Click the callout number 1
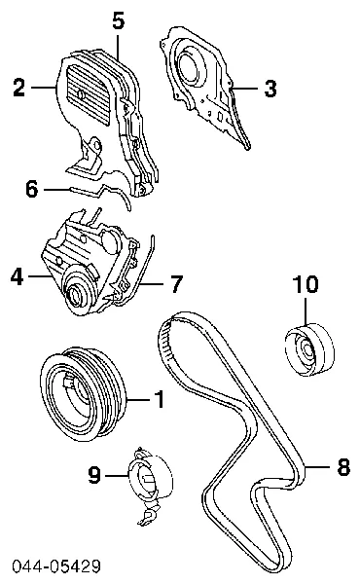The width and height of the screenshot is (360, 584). [x=160, y=399]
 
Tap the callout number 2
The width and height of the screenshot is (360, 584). [x=19, y=88]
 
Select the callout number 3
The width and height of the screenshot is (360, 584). [x=270, y=89]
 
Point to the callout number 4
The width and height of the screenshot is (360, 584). [x=18, y=276]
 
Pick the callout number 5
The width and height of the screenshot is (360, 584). [x=118, y=20]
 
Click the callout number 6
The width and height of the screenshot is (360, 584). [x=32, y=189]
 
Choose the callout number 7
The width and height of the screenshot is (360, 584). [x=176, y=284]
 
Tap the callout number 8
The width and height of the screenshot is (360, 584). [x=343, y=466]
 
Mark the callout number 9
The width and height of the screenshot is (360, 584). [x=94, y=475]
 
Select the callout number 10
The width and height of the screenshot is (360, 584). [x=306, y=284]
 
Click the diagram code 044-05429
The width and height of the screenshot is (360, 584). [x=56, y=566]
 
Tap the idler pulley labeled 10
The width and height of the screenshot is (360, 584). [x=309, y=351]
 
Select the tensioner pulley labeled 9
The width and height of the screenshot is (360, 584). [x=150, y=479]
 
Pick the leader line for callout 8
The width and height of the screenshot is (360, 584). [x=317, y=466]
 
